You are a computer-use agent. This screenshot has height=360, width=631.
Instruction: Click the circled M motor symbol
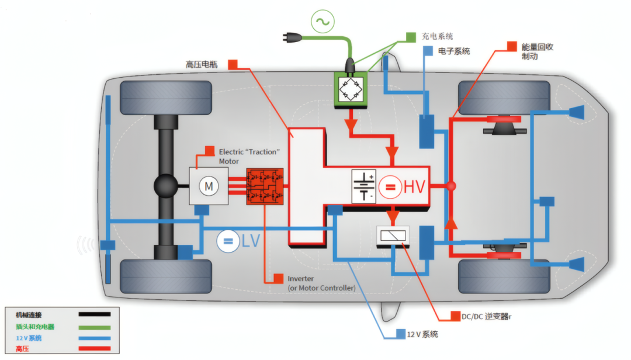pos(209,186)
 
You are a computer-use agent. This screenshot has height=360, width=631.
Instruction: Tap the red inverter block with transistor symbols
pos(265,186)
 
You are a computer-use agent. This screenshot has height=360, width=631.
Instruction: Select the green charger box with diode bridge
pos(351,90)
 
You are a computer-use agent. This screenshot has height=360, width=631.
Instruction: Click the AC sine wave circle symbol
pos(323,22)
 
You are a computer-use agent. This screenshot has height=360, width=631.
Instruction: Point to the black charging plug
pos(292,38)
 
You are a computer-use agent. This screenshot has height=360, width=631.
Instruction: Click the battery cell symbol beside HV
pos(364,186)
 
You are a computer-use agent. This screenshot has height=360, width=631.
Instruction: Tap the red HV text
pos(414,187)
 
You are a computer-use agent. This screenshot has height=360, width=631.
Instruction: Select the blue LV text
pos(251,241)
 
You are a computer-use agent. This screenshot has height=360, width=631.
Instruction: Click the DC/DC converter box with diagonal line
pos(393,236)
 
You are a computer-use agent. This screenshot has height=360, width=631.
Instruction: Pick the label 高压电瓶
pos(202,64)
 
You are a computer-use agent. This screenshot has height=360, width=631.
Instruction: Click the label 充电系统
pos(438,36)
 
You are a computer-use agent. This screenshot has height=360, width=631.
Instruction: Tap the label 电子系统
pos(454,51)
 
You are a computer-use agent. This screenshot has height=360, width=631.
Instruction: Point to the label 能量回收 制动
pos(538,51)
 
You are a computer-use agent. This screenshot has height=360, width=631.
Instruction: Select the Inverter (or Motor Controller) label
pos(321,283)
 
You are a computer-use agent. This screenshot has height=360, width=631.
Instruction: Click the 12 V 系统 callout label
pos(422,334)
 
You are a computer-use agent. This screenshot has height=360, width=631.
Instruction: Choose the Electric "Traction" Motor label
pos(249,156)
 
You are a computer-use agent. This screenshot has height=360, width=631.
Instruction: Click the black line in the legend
pos(95,314)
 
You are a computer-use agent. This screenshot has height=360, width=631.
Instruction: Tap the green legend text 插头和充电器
pos(35,327)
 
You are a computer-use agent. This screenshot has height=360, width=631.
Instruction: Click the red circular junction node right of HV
pos(451,186)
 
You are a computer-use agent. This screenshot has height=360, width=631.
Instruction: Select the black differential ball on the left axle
pos(166,186)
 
